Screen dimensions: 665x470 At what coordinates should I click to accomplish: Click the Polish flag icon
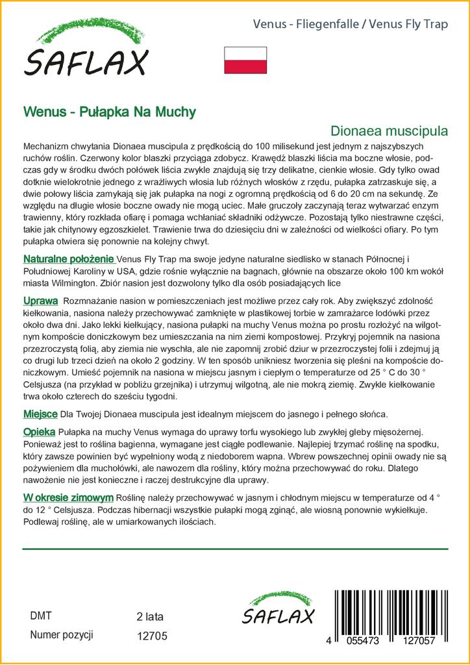[x=245, y=59]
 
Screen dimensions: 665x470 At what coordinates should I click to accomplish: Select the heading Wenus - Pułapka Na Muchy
[x=109, y=111]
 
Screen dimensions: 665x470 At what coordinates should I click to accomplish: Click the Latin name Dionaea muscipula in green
[x=389, y=130]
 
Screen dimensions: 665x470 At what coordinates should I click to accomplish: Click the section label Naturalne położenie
[x=69, y=260]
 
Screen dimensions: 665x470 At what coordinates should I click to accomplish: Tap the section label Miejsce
[x=40, y=413]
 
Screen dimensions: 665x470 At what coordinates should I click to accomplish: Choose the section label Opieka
[x=40, y=431]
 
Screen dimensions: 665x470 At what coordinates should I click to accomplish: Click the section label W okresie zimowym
[x=68, y=497]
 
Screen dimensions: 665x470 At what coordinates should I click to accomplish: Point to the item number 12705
[x=153, y=637]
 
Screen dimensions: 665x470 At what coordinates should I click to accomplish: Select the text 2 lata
[x=151, y=617]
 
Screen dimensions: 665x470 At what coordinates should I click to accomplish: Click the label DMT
[x=41, y=616]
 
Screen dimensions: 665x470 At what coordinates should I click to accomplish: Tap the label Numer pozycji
[x=62, y=635]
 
